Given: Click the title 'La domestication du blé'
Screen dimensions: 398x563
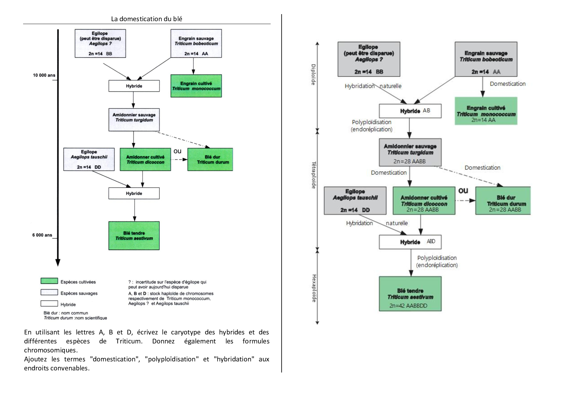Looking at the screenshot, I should point(146,19).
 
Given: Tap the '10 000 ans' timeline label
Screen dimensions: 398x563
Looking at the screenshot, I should point(44,75).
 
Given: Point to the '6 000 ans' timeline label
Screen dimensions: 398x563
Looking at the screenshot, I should point(42,235).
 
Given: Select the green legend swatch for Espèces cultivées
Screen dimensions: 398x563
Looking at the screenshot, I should point(49,281).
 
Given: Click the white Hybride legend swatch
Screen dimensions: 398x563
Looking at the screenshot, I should point(49,303).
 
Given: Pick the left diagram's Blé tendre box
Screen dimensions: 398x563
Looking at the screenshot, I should point(134,236).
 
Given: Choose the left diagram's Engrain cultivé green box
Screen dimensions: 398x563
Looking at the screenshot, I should point(196,86).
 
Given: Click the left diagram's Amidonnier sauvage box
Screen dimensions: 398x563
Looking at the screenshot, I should point(134,119).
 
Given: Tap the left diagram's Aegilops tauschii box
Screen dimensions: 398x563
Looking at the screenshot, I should point(89,159).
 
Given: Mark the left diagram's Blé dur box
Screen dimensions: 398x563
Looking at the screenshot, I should point(210,160).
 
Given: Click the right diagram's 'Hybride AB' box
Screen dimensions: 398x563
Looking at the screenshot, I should point(410,111).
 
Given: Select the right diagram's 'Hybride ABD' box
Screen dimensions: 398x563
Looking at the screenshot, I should point(410,242).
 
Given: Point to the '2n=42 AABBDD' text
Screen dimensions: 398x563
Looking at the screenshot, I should point(408,306).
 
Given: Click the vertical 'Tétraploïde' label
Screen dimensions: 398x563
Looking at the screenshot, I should point(314,175).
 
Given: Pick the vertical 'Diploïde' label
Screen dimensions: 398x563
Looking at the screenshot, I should point(313,74).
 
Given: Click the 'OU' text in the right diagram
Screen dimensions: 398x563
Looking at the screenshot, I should point(463,191).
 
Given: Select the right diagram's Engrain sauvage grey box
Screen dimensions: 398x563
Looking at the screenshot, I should point(486,59).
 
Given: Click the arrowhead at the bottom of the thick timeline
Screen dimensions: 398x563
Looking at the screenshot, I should point(58,262).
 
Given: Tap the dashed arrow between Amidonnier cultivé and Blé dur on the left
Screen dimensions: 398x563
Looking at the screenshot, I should point(179,160).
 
